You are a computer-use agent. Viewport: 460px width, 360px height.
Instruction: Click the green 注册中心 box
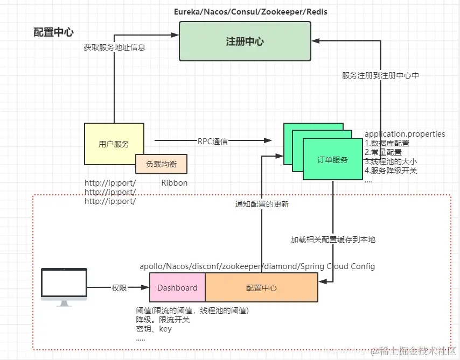(x=245, y=41)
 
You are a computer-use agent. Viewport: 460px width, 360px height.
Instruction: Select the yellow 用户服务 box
(x=114, y=144)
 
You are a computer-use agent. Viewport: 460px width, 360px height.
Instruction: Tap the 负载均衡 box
(x=161, y=164)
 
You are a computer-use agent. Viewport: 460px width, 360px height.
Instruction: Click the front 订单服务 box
(x=332, y=159)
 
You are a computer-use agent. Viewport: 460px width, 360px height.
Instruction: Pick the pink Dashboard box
(x=177, y=288)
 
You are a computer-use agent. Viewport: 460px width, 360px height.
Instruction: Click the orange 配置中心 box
(x=261, y=288)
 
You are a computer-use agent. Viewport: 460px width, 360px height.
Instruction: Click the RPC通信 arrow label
(x=212, y=142)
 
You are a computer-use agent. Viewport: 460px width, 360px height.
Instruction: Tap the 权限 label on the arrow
(x=119, y=288)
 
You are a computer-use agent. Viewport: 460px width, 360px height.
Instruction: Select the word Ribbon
(x=174, y=183)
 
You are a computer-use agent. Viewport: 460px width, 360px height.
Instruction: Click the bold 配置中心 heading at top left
(x=53, y=32)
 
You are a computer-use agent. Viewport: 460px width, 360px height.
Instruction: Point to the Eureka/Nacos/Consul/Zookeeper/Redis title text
(x=250, y=11)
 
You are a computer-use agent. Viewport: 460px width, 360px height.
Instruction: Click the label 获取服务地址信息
(x=114, y=47)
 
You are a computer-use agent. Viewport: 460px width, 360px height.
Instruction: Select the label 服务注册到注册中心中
(x=380, y=75)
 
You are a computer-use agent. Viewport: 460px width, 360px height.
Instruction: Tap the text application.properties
(x=405, y=133)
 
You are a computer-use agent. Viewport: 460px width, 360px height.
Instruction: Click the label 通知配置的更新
(x=262, y=204)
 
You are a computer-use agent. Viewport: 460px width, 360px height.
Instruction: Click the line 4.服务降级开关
(x=391, y=171)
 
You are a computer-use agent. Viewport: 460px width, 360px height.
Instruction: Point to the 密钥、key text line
(x=154, y=329)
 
